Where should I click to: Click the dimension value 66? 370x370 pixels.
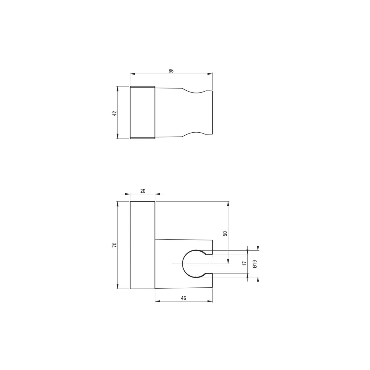171,71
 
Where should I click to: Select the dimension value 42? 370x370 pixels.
115,113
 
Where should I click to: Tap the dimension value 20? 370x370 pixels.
143,191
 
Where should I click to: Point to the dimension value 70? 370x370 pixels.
115,245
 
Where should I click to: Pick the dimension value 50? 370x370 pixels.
225,233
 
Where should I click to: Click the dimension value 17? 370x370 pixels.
245,263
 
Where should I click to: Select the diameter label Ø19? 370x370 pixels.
255,264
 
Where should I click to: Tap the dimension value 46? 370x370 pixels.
183,298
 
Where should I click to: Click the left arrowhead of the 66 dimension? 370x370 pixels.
132,74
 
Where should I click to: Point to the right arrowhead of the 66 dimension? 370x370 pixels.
211,74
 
